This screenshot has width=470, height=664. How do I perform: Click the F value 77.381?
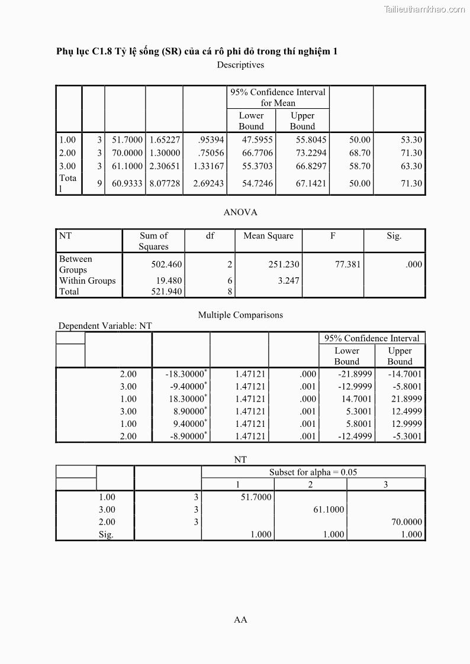pos(347,264)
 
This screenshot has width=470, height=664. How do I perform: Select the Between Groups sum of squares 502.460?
pos(167,264)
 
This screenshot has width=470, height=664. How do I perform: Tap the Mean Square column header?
pos(268,236)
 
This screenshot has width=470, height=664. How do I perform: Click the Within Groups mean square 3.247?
pos(288,281)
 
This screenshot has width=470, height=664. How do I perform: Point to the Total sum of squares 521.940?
pos(167,291)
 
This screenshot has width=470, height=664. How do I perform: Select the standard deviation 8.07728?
pos(165,183)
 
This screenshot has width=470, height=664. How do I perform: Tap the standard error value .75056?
pos(211,153)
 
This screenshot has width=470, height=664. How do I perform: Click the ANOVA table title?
pos(240,212)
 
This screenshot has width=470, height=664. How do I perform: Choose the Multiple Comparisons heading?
pos(240,315)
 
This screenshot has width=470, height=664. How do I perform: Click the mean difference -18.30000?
pos(185,374)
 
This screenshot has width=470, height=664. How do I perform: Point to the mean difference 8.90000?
pos(188,412)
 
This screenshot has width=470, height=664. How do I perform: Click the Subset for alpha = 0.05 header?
pos(313,472)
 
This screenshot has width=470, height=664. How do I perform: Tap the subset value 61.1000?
pos(329,510)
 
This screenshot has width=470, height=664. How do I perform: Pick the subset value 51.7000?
pos(256,497)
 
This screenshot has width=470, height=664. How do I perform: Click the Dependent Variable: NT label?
pos(105,326)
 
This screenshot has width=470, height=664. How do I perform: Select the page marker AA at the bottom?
pos(240,620)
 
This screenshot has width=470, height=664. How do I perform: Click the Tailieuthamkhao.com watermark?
pos(424,9)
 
